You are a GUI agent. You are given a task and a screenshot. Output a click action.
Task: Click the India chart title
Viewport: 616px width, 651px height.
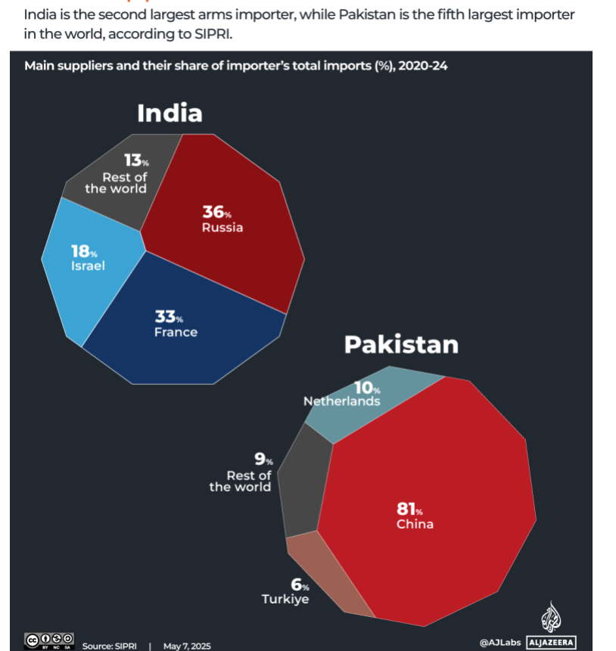click(170, 113)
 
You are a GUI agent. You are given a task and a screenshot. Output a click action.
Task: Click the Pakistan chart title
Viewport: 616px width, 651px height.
click(401, 345)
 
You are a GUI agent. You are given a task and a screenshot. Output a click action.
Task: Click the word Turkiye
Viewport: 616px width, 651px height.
click(285, 600)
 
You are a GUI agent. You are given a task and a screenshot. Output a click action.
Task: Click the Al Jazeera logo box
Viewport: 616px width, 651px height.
click(551, 643)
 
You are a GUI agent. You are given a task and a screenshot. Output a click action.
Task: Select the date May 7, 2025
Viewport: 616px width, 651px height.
click(187, 646)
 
